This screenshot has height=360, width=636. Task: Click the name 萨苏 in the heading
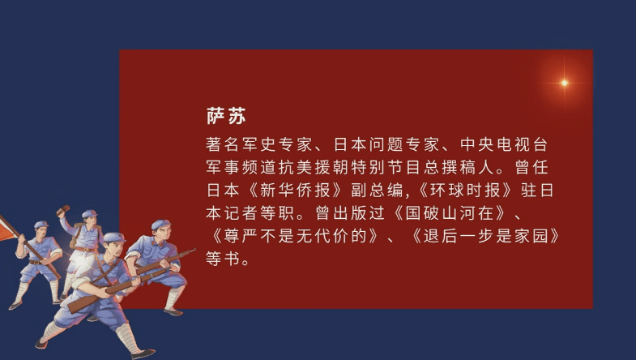(x=225, y=117)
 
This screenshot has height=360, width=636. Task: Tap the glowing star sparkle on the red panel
(x=565, y=83)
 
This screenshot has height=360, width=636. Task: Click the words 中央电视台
(x=507, y=145)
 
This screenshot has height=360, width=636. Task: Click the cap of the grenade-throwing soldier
(x=89, y=215)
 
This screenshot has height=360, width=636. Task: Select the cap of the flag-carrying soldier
(x=41, y=226)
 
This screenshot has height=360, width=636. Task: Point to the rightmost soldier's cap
(x=160, y=225)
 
